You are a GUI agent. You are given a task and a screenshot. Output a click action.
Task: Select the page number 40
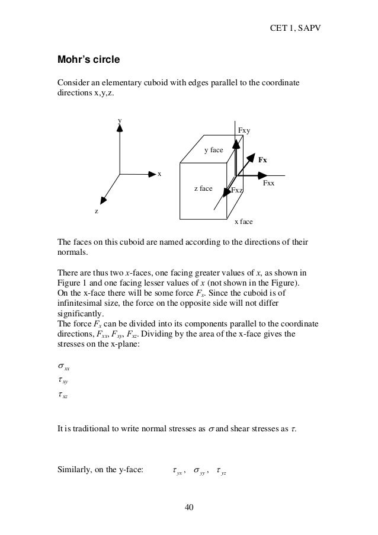188,507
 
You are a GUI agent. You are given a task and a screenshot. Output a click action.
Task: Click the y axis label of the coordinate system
120,120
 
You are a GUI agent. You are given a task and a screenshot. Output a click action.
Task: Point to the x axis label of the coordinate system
159,174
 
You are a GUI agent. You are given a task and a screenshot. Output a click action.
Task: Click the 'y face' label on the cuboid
213,150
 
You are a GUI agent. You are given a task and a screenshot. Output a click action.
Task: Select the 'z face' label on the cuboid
203,188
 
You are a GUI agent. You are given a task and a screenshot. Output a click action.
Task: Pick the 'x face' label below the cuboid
244,222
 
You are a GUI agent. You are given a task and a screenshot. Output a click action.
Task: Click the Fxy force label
244,130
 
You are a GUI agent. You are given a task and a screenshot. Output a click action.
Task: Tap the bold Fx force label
262,160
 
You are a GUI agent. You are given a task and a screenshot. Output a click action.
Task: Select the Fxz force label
237,190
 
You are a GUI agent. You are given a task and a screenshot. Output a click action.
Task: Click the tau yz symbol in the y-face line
222,472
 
